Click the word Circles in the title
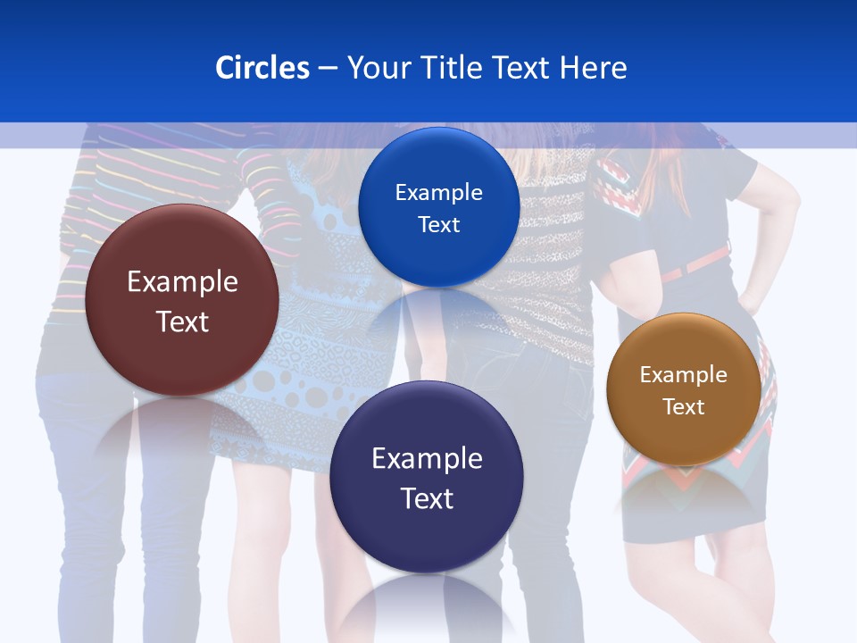[262, 68]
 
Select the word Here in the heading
[593, 68]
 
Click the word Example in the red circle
[182, 281]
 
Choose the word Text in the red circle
[182, 321]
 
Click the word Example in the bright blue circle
[438, 192]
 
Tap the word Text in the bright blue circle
[438, 224]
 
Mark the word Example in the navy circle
[427, 458]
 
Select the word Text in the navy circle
[427, 498]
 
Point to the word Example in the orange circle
[684, 374]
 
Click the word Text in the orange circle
[684, 406]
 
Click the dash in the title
[327, 69]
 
